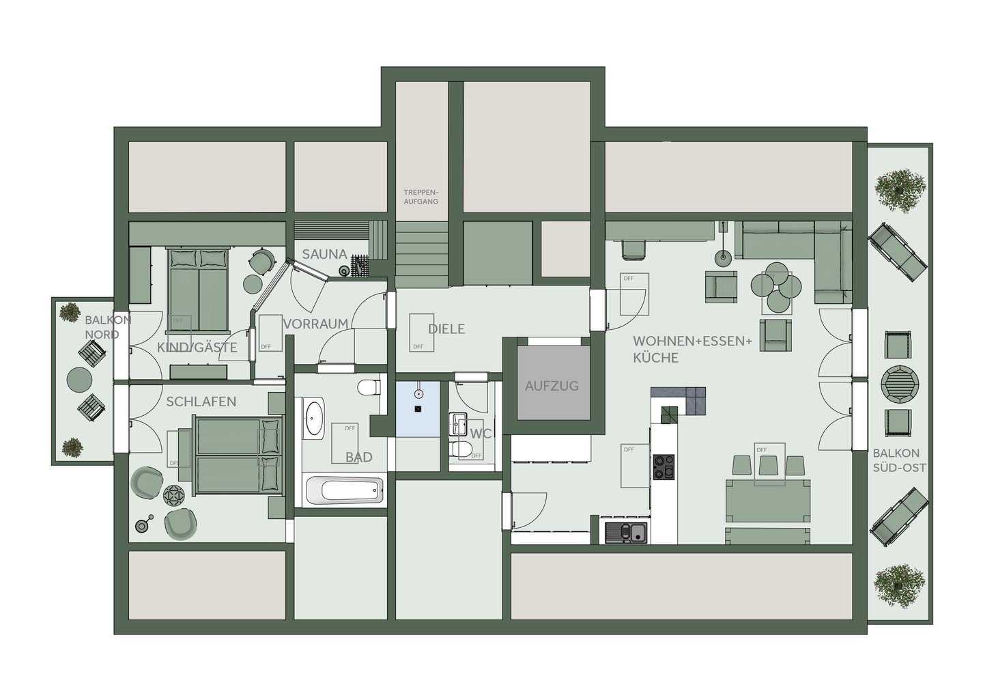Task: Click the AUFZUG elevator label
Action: tap(552, 386)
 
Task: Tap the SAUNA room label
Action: tap(325, 254)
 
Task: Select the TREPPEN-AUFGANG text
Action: tap(421, 197)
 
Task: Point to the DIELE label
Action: tap(446, 329)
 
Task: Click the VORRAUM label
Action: tap(316, 324)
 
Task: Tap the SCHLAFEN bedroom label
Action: tap(201, 402)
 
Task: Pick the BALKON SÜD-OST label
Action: tap(899, 460)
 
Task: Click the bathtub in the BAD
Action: tap(345, 490)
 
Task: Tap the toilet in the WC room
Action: tap(461, 449)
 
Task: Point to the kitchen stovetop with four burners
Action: tap(664, 467)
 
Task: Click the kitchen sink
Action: tap(626, 533)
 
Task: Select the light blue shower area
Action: tap(418, 409)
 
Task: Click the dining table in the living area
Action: tap(768, 501)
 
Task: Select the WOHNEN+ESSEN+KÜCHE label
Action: tap(692, 349)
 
